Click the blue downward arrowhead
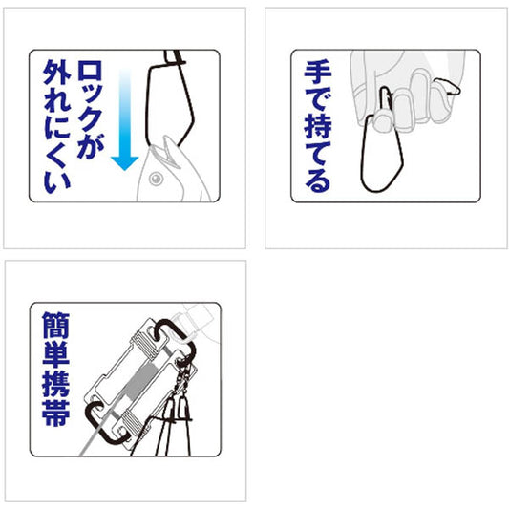(x=125, y=162)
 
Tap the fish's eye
(x=156, y=179)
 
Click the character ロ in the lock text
(x=90, y=71)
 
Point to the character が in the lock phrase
(x=90, y=147)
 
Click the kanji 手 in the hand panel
(x=318, y=73)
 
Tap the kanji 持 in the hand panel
(x=318, y=126)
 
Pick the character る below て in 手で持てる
(x=318, y=180)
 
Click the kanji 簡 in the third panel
(x=55, y=325)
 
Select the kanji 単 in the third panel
(x=55, y=354)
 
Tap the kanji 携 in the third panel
(x=55, y=384)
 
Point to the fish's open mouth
(x=166, y=152)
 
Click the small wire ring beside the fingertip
(x=448, y=86)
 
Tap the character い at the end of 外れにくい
(x=56, y=182)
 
